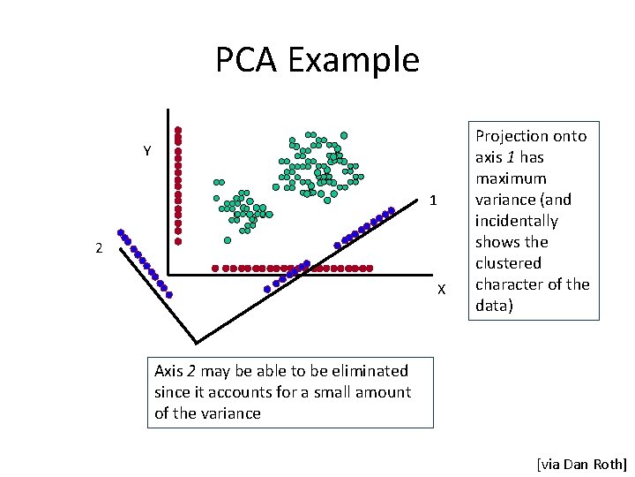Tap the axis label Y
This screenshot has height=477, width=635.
coord(148,151)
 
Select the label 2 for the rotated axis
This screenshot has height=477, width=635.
coord(99,249)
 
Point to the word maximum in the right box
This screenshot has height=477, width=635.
coord(511,178)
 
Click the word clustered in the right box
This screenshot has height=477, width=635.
coord(508,263)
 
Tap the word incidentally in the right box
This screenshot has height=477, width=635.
coord(516,221)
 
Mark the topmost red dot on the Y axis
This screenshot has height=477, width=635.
coord(178,129)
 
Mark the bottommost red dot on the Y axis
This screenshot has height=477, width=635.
coord(178,240)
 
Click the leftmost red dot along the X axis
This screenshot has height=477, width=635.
coord(215,268)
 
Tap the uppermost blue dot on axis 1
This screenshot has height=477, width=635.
coord(392,210)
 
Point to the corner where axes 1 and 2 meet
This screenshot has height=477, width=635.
coord(195,342)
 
